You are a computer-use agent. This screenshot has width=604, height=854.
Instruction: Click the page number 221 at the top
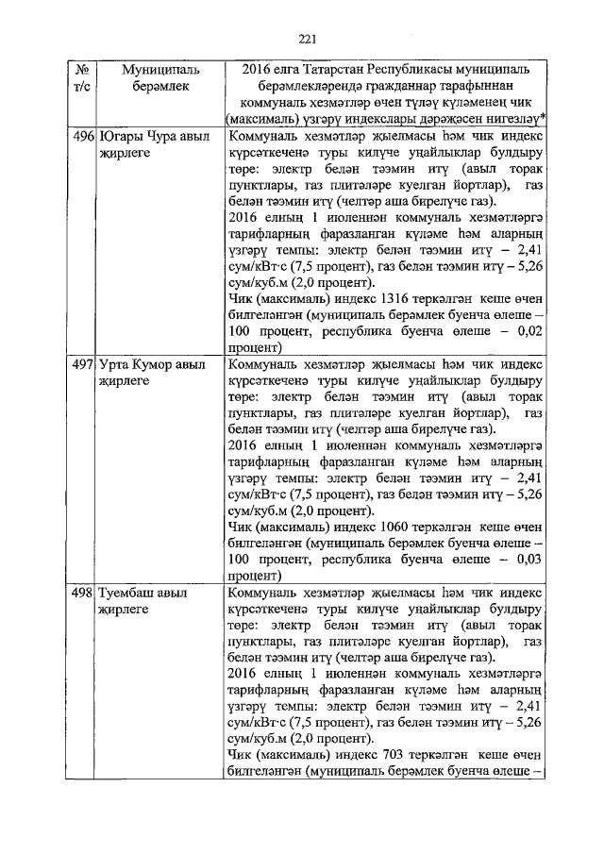[305, 39]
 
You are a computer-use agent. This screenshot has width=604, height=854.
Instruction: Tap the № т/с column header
[82, 78]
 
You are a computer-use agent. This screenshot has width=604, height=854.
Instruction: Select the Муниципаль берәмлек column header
[154, 78]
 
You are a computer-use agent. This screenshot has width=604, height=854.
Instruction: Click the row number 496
[82, 138]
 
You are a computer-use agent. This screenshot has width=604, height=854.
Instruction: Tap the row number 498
[82, 595]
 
